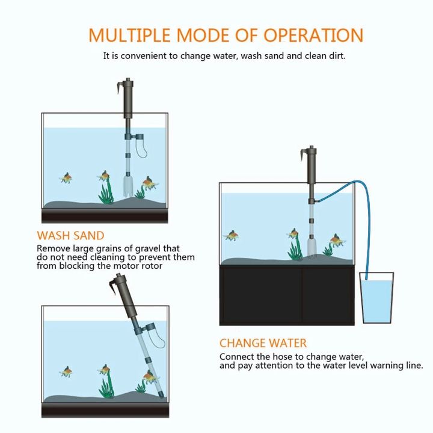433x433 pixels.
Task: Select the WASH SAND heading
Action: [70, 236]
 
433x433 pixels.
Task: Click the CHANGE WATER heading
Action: [263, 343]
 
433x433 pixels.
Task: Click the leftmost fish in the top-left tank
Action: [66, 178]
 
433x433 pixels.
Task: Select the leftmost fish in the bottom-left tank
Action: [66, 372]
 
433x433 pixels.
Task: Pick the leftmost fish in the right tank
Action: [231, 235]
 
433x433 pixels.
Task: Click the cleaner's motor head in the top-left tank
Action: [127, 99]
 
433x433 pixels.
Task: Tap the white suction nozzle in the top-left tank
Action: [127, 186]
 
